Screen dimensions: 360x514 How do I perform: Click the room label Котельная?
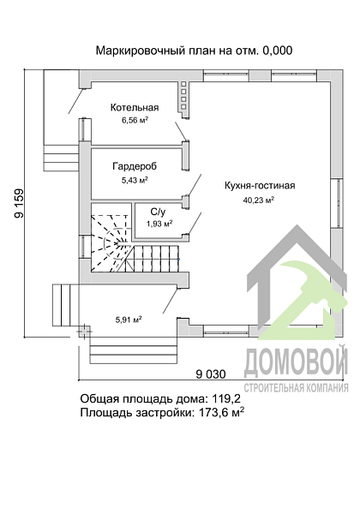[135, 108]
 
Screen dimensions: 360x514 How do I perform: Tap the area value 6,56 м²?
[135, 120]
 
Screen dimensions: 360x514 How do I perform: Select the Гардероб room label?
[135, 166]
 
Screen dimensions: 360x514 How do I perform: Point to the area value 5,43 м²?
[135, 180]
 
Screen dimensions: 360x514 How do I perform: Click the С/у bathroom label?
[158, 212]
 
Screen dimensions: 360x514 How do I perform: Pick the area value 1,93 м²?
[159, 224]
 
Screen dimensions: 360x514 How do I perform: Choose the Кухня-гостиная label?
[260, 186]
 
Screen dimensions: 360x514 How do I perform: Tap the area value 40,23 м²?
[259, 200]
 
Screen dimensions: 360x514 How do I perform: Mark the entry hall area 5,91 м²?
[129, 320]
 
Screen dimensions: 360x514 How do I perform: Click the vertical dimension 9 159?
[19, 203]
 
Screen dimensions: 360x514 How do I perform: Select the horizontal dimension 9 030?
[211, 374]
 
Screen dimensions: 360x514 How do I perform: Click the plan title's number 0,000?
[278, 51]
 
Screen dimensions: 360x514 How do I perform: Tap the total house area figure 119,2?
[226, 398]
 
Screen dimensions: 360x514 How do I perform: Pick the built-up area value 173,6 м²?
[222, 412]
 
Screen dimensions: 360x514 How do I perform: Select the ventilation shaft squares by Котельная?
[183, 95]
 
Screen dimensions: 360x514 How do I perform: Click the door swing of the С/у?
[195, 223]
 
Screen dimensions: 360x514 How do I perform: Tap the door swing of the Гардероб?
[195, 184]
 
